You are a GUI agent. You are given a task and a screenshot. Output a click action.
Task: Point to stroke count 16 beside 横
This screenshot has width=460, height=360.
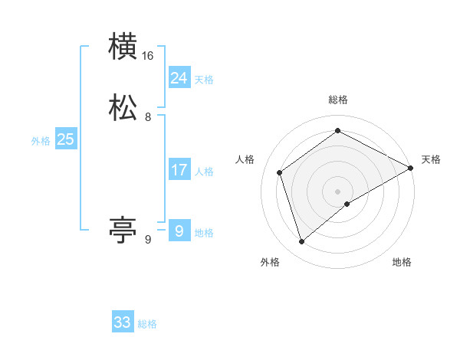pos(148,56)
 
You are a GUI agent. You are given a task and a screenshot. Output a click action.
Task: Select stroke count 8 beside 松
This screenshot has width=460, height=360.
pos(148,117)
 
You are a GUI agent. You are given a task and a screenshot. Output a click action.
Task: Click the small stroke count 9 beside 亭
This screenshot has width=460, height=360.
pos(148,240)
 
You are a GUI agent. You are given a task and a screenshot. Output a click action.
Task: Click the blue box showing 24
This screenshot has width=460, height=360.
pos(179,78)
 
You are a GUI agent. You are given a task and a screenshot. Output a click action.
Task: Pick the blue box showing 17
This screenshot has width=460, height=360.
pos(179,170)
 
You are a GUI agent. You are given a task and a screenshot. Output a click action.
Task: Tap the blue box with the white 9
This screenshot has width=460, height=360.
pos(179,231)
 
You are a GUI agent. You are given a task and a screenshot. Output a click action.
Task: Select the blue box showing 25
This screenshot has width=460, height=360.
pos(66,139)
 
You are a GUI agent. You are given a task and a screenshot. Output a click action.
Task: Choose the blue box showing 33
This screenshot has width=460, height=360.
pos(123,322)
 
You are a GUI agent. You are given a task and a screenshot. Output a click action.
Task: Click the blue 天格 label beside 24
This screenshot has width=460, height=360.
pos(204,80)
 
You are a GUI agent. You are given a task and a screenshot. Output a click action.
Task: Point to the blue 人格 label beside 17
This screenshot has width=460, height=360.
pos(204,172)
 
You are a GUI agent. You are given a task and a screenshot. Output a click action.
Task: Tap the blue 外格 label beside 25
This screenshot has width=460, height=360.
pos(41,141)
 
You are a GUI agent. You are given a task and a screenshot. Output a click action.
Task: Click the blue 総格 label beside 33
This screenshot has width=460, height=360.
pos(147,324)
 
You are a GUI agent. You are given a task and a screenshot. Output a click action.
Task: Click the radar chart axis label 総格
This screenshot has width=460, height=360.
pos(338,100)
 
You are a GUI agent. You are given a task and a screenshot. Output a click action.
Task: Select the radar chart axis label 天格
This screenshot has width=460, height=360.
pos(431,159)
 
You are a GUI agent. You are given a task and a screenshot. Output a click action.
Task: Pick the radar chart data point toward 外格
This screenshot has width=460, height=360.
pos(302,242)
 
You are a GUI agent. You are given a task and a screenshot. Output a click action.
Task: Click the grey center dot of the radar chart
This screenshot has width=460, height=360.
pos(338,191)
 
